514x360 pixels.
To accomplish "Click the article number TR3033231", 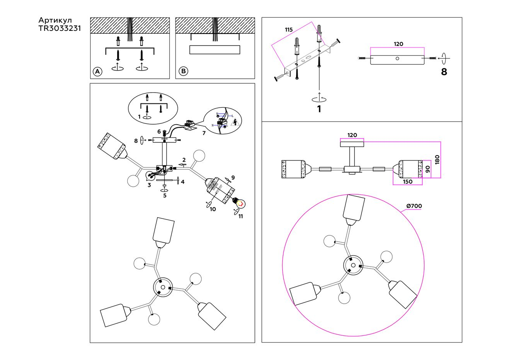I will tap(59, 28).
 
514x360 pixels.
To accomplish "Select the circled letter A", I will tap(98, 71).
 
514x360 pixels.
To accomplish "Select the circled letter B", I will tap(184, 71).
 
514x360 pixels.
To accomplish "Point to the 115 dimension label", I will tap(289, 30).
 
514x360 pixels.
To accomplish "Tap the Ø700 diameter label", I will tap(414, 206).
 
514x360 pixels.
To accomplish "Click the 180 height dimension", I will tap(437, 160).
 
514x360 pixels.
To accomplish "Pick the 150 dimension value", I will tap(408, 182).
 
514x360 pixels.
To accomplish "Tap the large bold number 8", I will tap(444, 72).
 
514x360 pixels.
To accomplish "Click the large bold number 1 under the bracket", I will tap(319, 109).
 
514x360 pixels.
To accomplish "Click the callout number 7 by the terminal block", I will tap(203, 133).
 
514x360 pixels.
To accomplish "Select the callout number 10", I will tap(213, 209).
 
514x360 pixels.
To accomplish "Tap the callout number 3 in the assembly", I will tap(149, 185).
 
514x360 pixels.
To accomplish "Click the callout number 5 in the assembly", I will tap(165, 196).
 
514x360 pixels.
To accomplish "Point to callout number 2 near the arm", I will tap(184, 160).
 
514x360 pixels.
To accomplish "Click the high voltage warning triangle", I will tap(235, 123).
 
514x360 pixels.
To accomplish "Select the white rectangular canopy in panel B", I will tap(215, 50).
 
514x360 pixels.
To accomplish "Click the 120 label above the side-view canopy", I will tap(352, 135).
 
